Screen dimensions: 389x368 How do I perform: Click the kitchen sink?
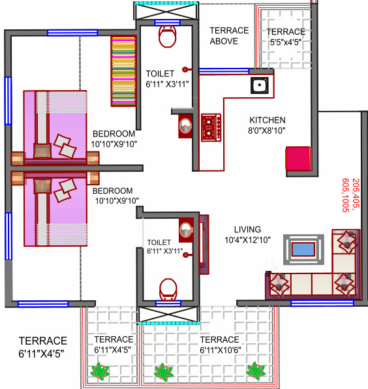(260, 85)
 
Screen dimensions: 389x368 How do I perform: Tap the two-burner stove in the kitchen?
(211, 127)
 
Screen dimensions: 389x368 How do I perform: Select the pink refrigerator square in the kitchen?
(297, 159)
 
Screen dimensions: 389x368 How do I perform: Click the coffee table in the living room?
(302, 249)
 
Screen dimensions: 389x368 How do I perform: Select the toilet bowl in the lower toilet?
(168, 288)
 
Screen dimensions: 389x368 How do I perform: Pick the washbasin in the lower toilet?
(186, 229)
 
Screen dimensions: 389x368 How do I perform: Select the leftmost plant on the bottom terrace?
(100, 371)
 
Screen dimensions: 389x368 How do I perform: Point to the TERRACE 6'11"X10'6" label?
(220, 345)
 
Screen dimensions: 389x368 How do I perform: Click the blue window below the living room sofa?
(313, 303)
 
